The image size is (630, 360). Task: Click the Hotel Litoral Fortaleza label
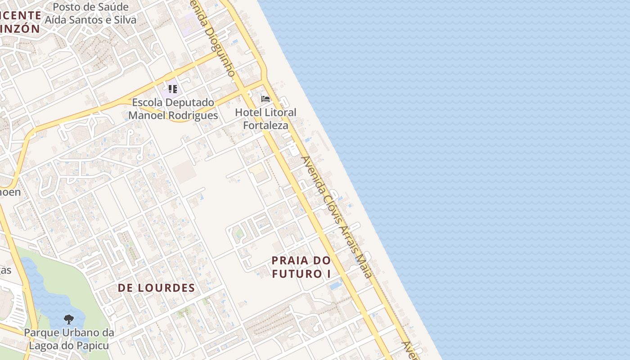coord(265,119)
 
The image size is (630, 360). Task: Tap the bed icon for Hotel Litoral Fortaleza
coord(265,99)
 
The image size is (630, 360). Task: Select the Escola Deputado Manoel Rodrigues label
coord(173,109)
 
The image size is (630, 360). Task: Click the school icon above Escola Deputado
coord(172,89)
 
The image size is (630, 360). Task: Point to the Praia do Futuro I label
coord(301,267)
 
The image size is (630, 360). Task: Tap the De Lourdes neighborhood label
coord(156,288)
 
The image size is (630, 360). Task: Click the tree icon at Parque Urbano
coord(68,319)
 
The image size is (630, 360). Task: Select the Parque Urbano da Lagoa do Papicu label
coord(69,339)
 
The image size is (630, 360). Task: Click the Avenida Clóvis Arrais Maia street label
coord(337,217)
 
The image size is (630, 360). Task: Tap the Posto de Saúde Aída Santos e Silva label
coord(90,13)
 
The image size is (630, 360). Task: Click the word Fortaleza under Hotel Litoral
coord(265,125)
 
